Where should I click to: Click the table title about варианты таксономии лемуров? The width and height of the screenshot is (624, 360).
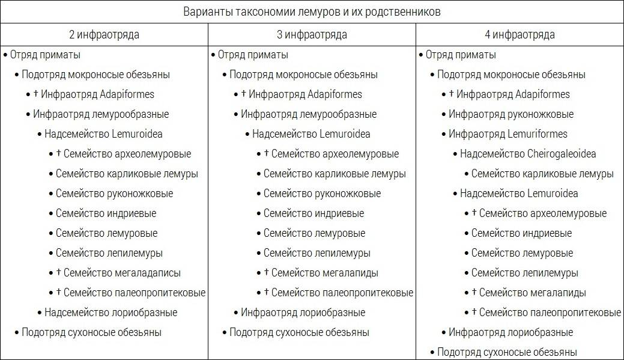click(312, 11)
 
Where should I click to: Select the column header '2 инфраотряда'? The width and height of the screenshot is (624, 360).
click(104, 35)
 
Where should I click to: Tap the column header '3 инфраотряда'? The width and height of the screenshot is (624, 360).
click(312, 35)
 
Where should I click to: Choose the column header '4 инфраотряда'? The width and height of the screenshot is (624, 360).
click(519, 35)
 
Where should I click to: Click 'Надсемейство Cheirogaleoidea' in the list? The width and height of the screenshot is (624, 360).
click(528, 154)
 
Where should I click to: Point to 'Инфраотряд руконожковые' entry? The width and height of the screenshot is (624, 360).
click(511, 114)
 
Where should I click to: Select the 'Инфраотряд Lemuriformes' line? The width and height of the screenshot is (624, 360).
click(508, 134)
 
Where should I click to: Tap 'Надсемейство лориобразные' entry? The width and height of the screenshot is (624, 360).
click(111, 313)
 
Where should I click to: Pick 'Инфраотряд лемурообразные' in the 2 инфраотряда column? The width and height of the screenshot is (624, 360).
click(101, 114)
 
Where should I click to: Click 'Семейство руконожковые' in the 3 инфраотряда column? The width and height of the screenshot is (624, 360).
click(322, 194)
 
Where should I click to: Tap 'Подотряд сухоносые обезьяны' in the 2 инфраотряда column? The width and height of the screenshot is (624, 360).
click(92, 332)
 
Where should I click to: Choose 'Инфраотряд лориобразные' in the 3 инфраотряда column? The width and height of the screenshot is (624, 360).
click(303, 313)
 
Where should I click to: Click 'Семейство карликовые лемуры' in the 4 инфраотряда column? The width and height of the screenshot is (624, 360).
click(542, 174)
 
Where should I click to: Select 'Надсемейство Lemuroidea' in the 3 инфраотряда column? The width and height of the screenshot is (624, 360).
click(311, 134)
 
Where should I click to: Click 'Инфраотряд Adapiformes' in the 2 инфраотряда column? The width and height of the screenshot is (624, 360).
click(94, 94)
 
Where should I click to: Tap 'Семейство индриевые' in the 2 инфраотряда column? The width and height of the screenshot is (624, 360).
click(106, 213)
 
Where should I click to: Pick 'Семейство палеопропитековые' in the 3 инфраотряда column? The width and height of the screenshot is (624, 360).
click(342, 293)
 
